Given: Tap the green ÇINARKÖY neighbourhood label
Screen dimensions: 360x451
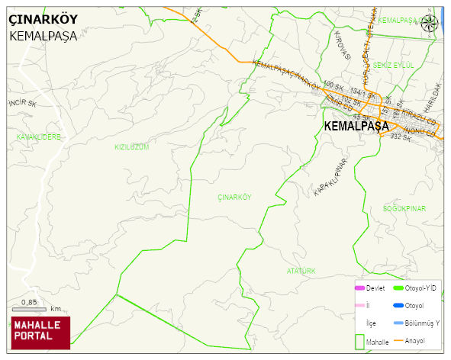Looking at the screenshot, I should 234,197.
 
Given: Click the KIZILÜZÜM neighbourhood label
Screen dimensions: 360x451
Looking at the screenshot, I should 131,146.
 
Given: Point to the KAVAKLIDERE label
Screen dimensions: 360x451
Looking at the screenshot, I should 38,137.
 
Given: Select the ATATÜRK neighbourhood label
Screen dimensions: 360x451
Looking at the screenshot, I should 301,271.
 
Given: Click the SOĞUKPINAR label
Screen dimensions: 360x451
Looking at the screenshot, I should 404,208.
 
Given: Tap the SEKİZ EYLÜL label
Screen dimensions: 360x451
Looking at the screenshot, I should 394,66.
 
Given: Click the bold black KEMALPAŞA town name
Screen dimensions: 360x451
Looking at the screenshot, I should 356,126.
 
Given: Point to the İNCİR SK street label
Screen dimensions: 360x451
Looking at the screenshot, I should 22,102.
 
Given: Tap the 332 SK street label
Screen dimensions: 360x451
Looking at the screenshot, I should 401,137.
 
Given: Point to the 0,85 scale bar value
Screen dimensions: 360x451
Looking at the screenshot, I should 29,303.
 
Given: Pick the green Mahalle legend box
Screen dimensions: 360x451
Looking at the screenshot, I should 359,341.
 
